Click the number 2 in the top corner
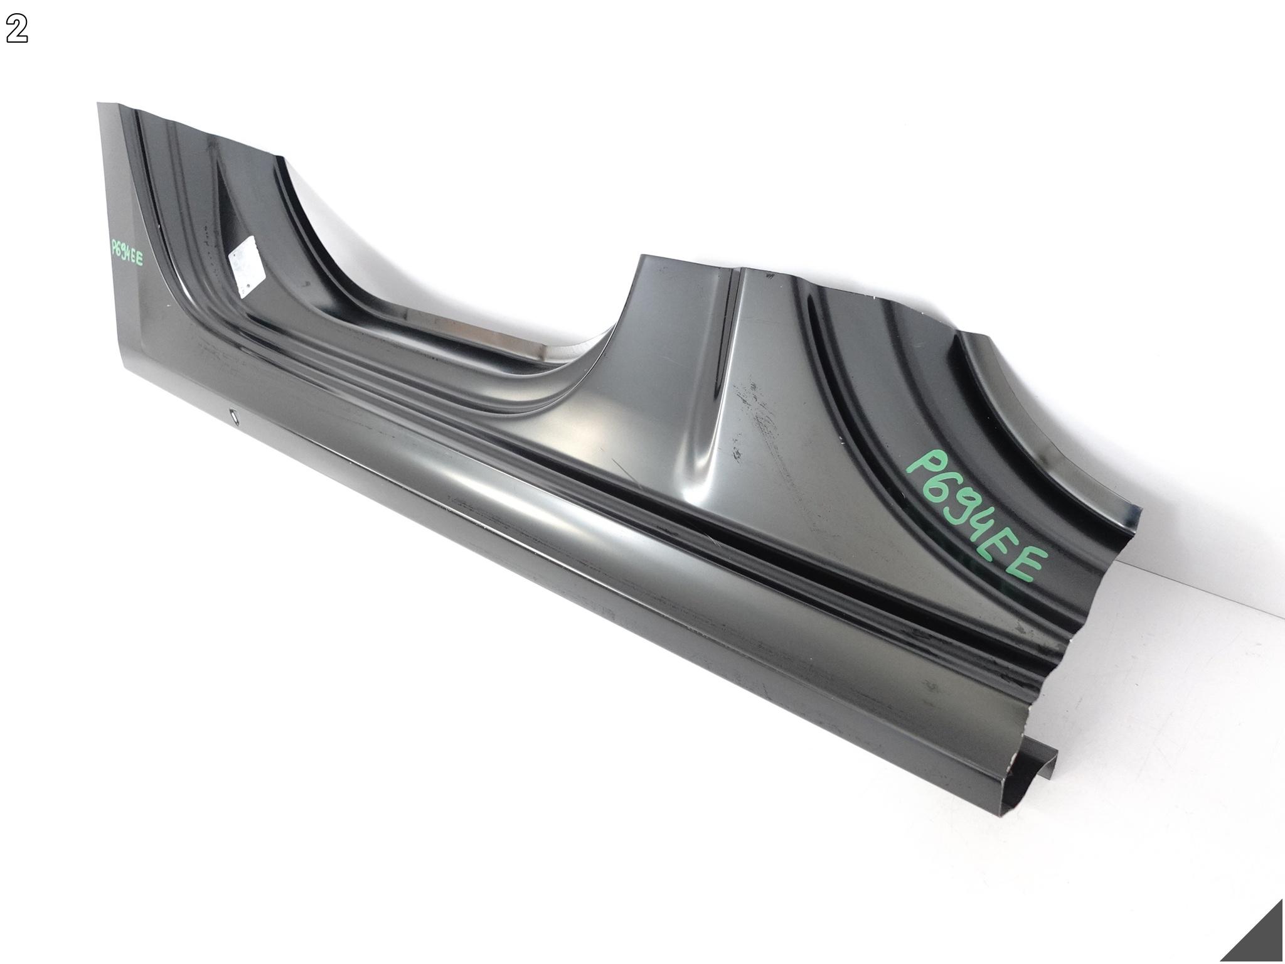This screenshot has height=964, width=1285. [17, 30]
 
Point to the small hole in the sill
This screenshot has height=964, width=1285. [233, 415]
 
